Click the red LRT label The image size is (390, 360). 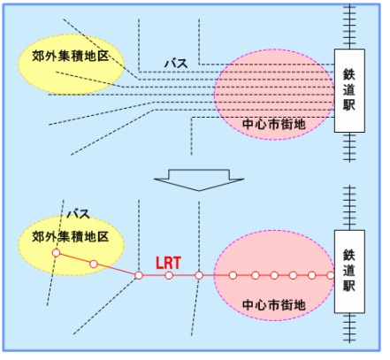click(168, 263)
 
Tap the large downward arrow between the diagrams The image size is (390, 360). click(199, 180)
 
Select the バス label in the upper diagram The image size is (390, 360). click(176, 64)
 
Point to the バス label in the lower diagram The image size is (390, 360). click(78, 214)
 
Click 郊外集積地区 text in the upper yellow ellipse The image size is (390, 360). click(71, 56)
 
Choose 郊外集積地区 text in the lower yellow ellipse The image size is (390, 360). click(71, 237)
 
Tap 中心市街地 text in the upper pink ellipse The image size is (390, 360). click(274, 124)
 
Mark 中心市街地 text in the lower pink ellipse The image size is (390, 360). click(274, 305)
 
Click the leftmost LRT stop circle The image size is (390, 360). click(56, 253)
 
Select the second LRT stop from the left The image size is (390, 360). click(94, 264)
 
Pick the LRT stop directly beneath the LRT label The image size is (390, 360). click(169, 276)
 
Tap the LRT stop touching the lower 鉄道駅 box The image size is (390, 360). click(331, 276)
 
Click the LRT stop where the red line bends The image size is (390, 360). click(139, 276)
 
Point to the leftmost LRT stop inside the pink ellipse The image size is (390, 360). click(233, 276)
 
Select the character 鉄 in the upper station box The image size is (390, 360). click(349, 74)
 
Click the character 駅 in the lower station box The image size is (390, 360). click(349, 286)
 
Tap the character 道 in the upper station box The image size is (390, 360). click(349, 89)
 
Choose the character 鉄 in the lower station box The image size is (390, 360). click(349, 256)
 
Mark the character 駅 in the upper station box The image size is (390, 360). click(349, 104)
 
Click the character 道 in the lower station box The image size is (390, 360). click(349, 271)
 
